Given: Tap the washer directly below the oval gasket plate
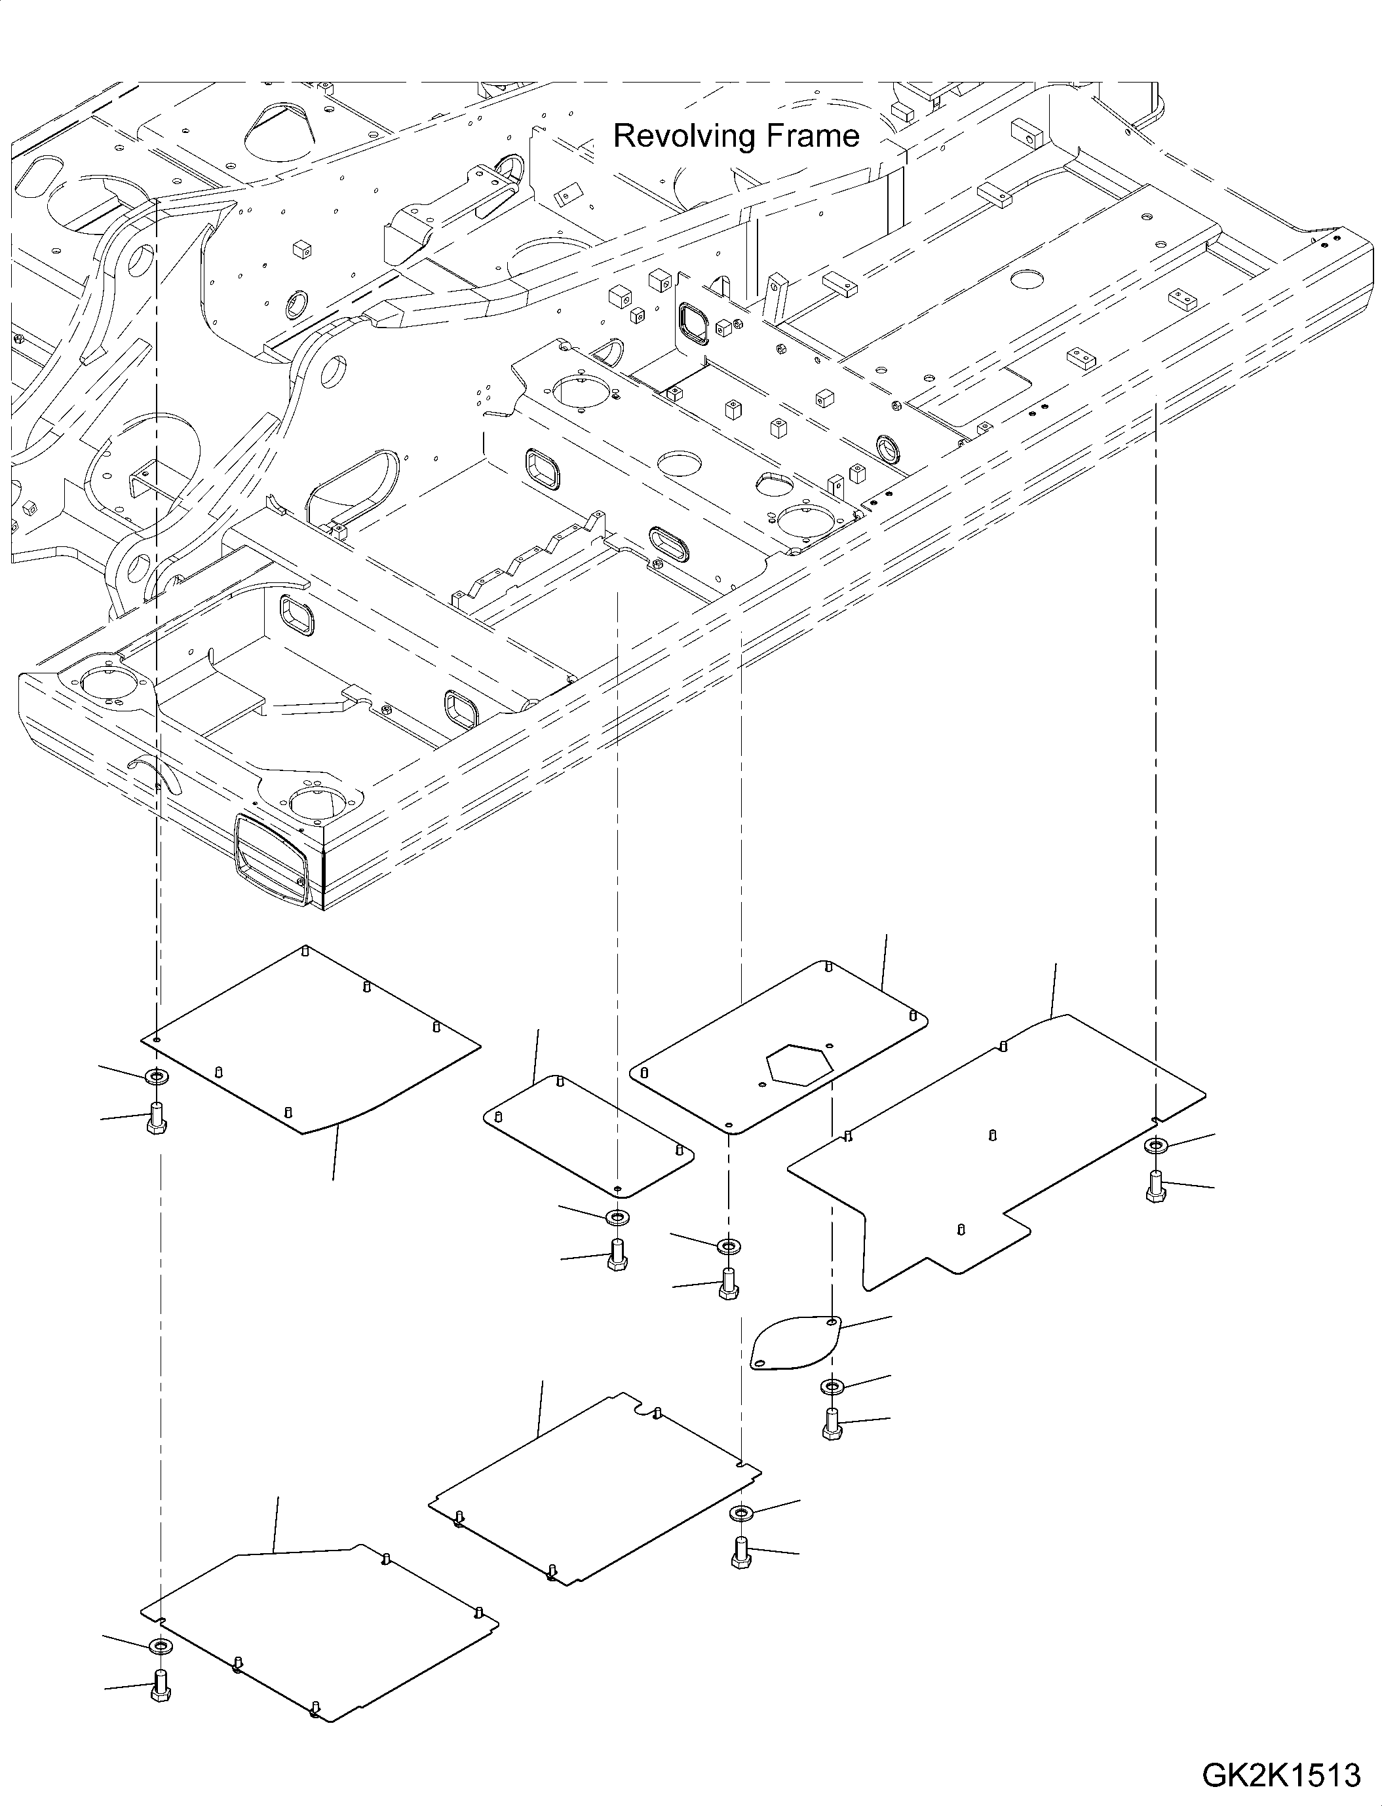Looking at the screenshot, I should [x=831, y=1387].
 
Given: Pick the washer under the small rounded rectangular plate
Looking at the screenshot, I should [x=617, y=1216].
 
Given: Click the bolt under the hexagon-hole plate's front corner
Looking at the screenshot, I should [x=727, y=1285].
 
